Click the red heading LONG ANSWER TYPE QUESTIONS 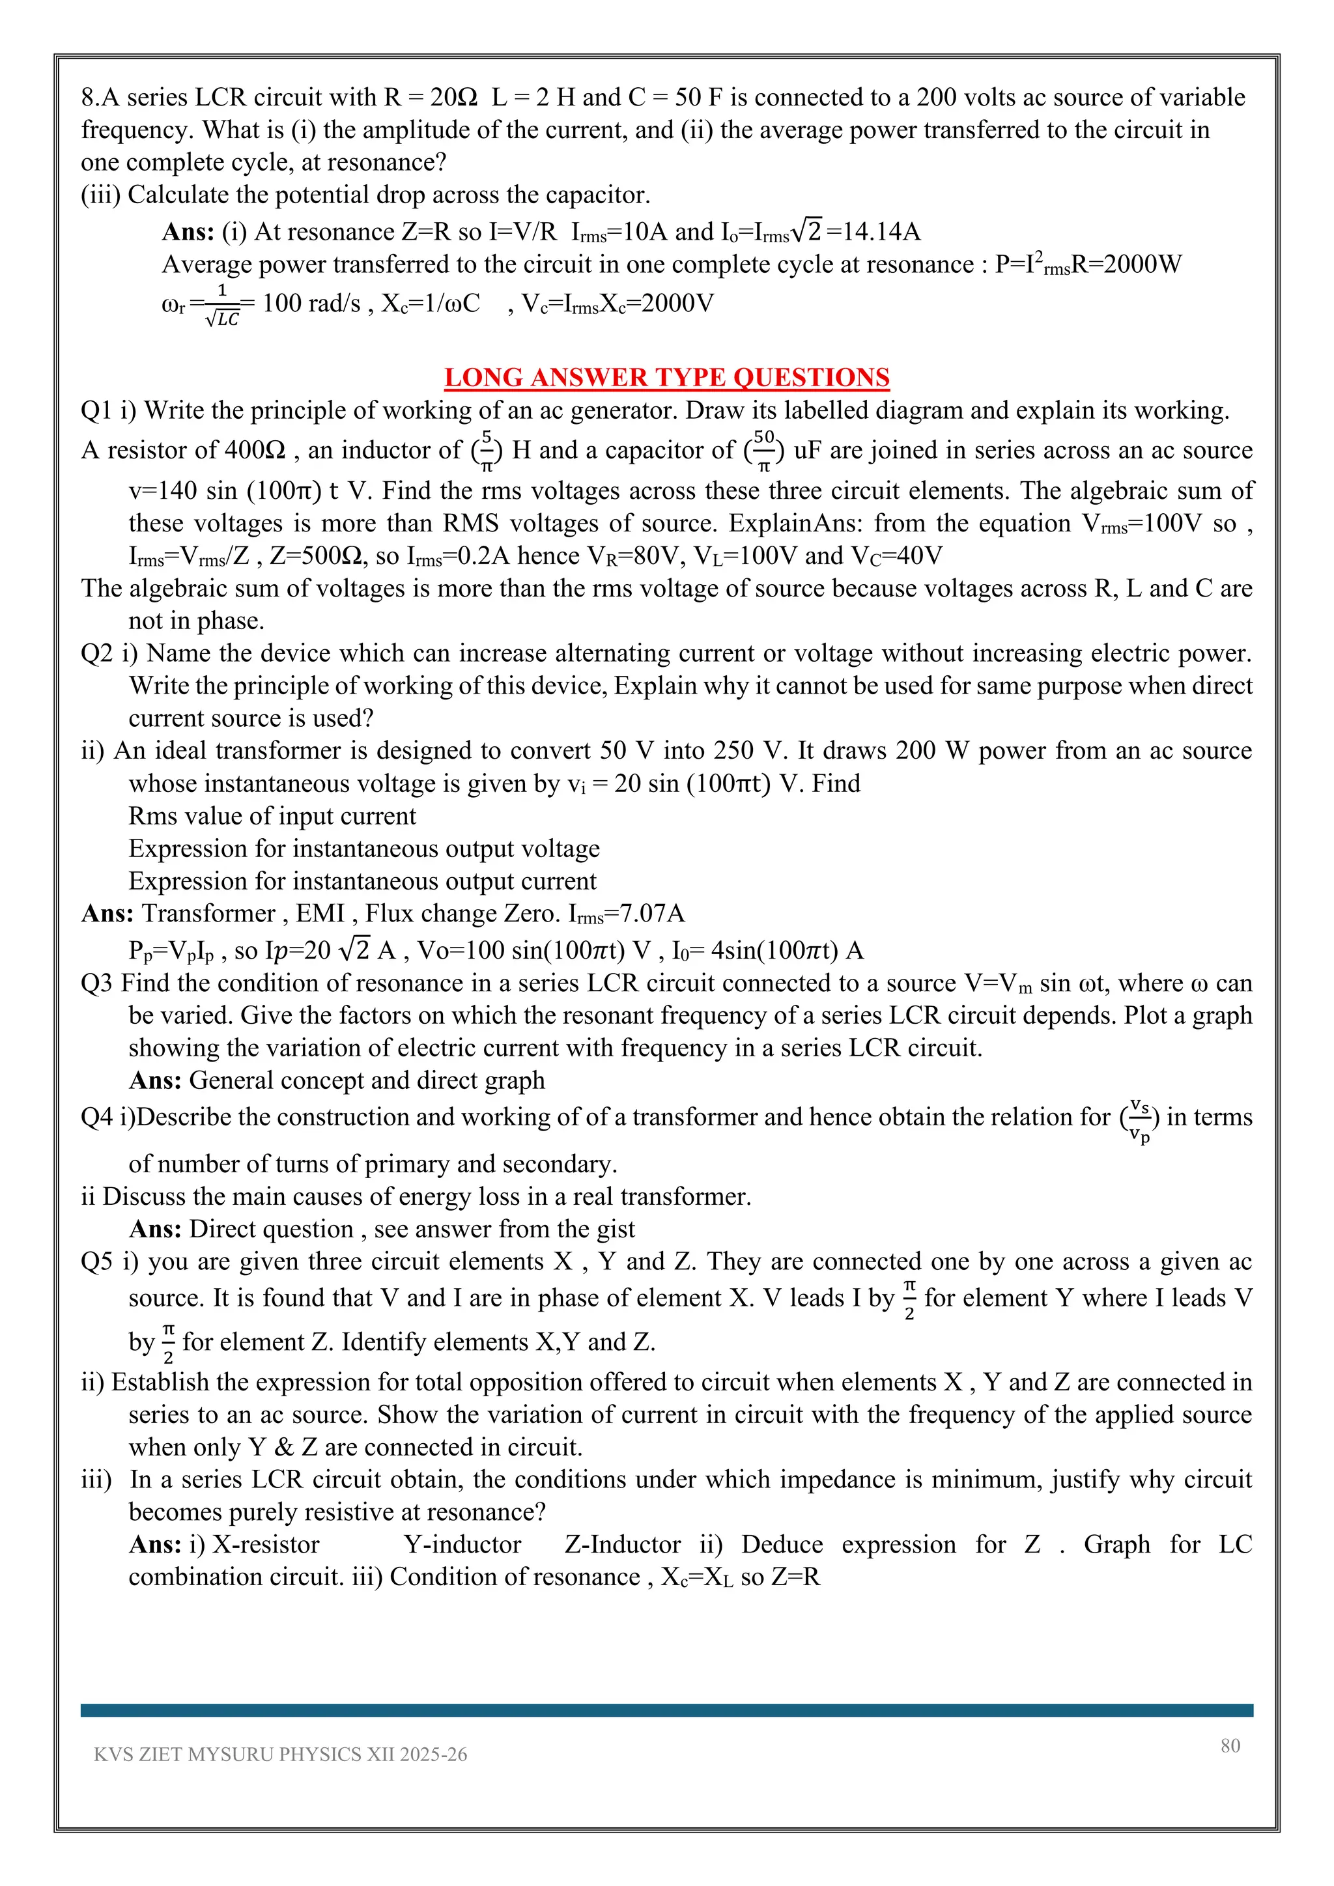666,377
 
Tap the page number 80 1230,1745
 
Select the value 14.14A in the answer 881,232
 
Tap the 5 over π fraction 487,450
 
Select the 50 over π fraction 763,450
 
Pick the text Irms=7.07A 626,914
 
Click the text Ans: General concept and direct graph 337,1080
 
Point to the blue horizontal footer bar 666,1710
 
